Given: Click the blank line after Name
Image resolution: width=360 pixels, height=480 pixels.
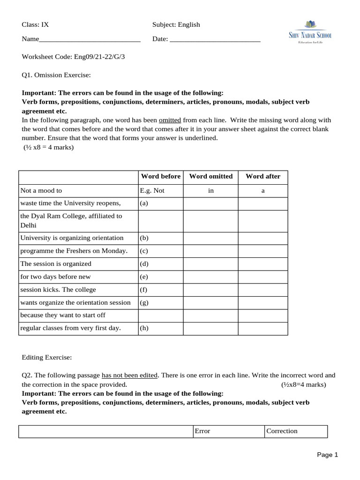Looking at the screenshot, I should tap(90, 39).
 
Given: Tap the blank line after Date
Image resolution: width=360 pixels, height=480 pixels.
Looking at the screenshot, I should tap(215, 39).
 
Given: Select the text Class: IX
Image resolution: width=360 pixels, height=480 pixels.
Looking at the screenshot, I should tap(35, 24).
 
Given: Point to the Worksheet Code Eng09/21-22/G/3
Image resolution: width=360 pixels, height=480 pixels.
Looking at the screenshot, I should tap(74, 56).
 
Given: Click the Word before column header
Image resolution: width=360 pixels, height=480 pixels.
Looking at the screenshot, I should tap(161, 176).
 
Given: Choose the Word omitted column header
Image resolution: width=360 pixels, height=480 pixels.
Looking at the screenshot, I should tap(210, 176).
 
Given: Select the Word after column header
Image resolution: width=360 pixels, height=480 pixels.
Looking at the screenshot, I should tap(263, 176).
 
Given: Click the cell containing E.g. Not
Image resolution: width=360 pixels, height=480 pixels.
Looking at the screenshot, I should tap(152, 190).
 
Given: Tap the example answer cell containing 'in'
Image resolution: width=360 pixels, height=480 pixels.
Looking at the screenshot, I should tap(210, 190).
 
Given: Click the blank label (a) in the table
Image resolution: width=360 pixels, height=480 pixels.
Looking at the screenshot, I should tap(144, 203).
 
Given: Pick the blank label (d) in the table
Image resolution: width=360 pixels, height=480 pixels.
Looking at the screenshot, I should tap(144, 263).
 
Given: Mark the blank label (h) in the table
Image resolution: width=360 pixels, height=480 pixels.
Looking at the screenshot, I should tap(144, 328).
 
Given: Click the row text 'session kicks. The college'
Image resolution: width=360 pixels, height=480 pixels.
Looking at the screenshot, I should tap(58, 289).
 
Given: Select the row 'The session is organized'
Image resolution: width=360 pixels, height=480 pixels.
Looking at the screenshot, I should tap(56, 263).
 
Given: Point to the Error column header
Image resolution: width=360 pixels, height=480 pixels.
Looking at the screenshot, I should tap(202, 431).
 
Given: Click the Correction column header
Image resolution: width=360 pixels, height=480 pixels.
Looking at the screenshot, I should tap(282, 431).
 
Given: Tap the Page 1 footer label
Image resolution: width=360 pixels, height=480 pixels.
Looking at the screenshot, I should tap(327, 454).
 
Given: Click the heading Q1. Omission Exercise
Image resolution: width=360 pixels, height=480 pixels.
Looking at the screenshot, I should tap(56, 75).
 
